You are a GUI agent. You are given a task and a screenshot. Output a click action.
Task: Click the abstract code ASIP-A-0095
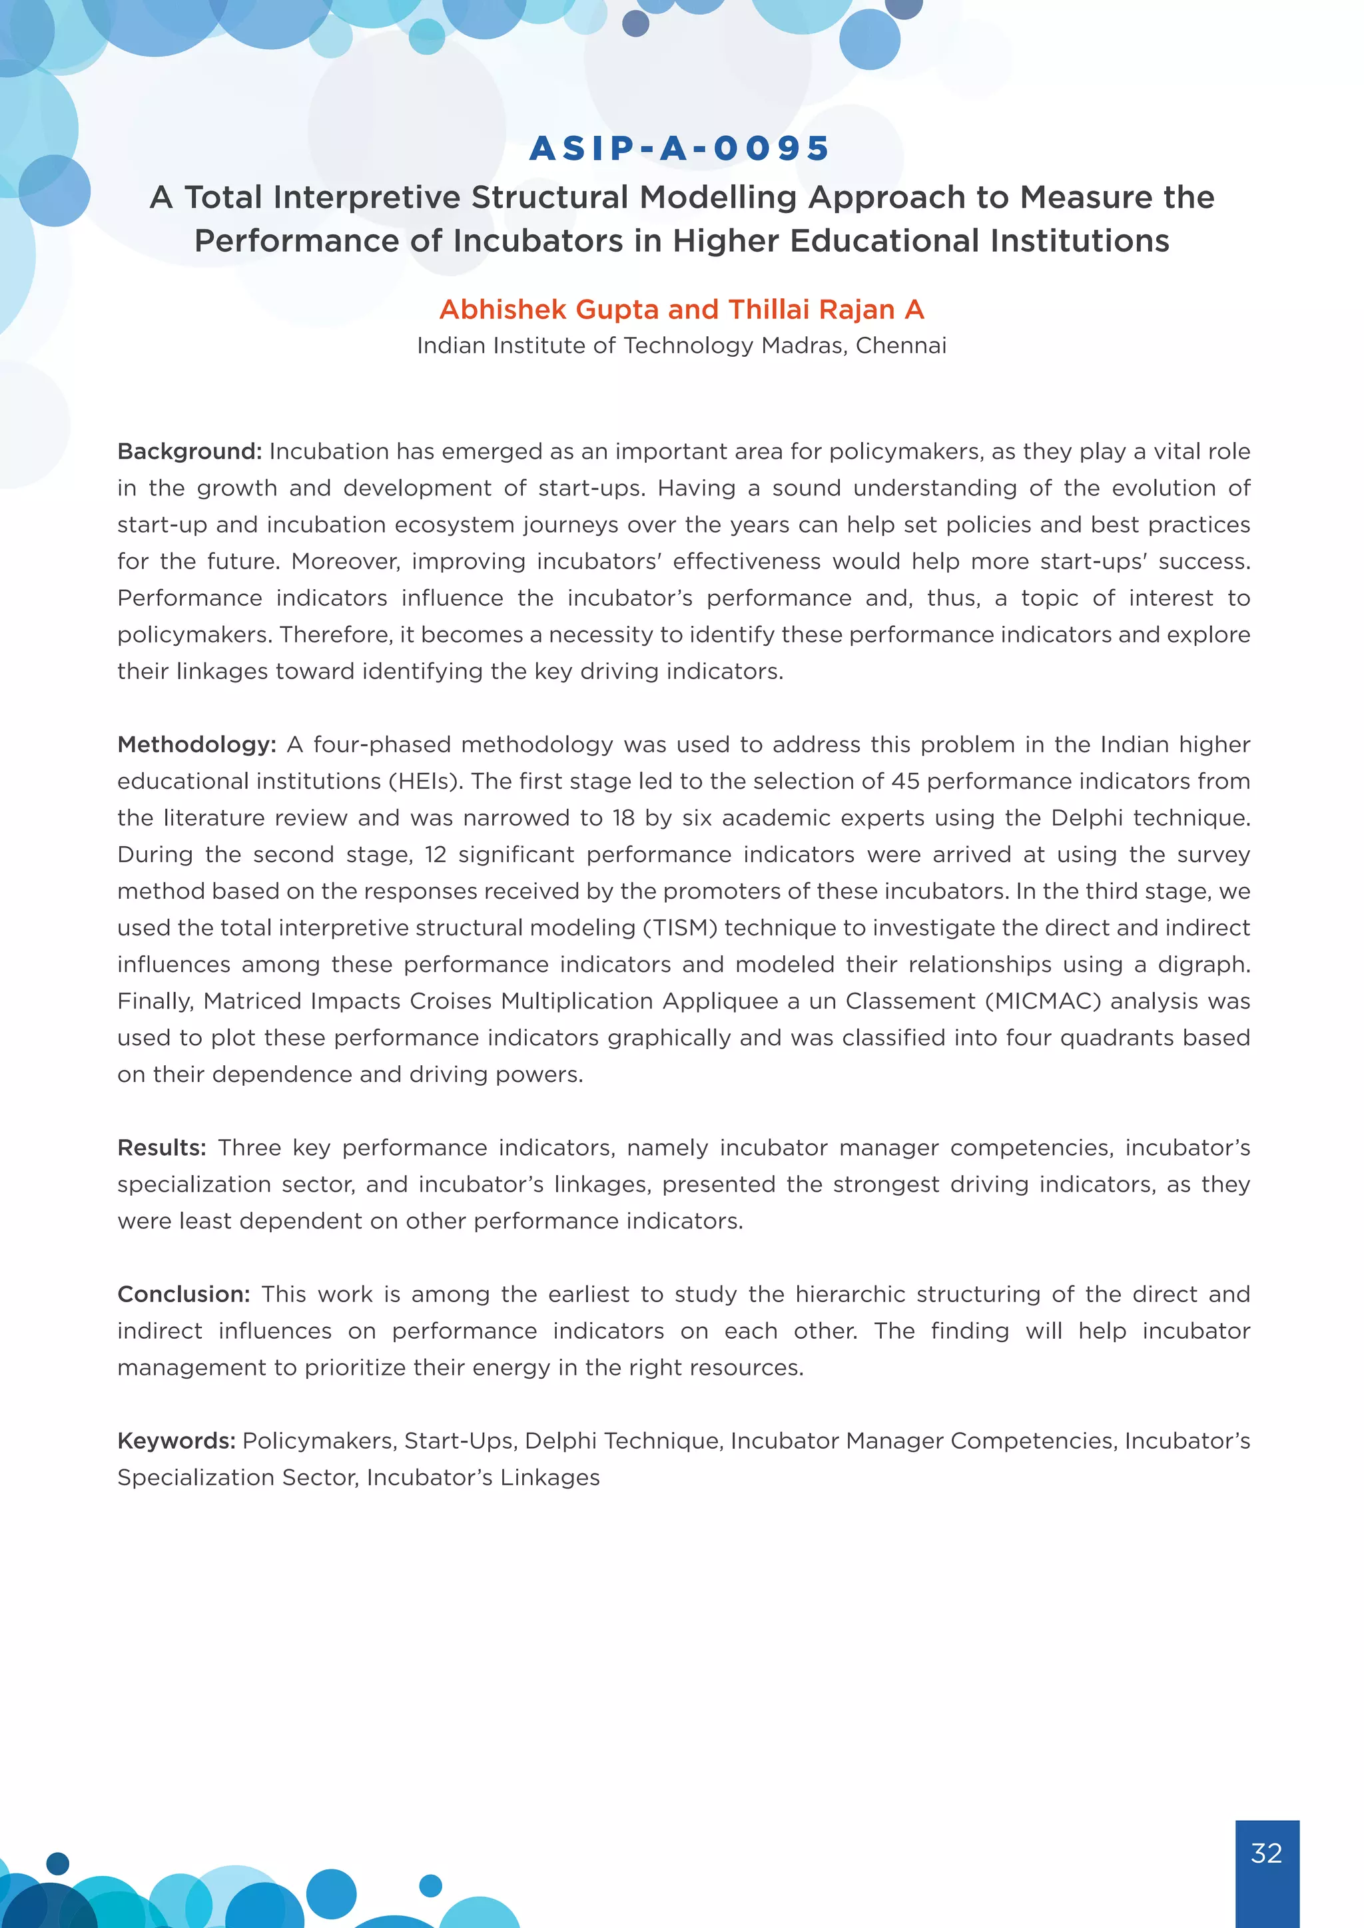[680, 148]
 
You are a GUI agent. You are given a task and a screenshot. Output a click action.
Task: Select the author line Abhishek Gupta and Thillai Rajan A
[681, 309]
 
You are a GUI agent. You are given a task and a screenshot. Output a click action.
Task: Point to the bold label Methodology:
[196, 744]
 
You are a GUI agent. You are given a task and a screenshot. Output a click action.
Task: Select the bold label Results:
[161, 1147]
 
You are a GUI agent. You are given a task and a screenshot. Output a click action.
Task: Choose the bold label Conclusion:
[183, 1294]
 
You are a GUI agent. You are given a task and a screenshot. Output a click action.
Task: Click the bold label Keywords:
[176, 1441]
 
